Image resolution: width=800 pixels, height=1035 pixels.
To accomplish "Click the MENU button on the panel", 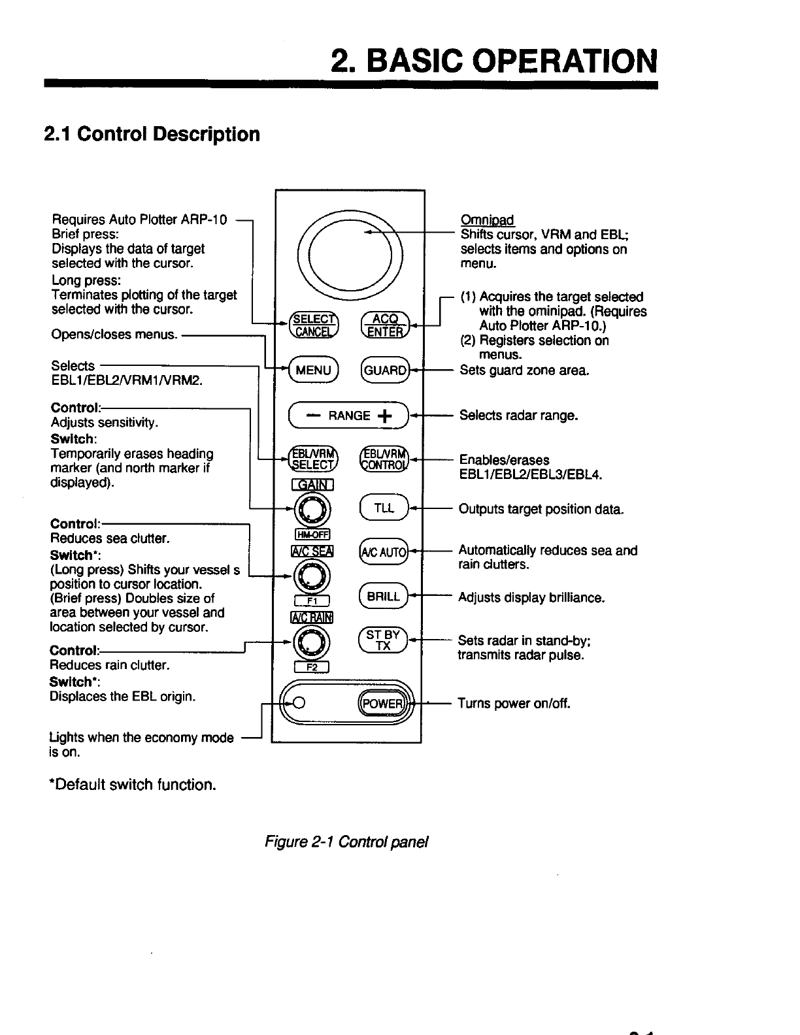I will tap(313, 370).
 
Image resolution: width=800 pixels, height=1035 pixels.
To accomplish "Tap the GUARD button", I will tap(385, 370).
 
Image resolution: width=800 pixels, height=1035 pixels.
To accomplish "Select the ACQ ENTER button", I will tap(384, 325).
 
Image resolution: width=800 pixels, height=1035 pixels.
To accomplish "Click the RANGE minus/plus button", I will tap(349, 416).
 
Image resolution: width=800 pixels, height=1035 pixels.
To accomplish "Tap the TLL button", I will tap(384, 508).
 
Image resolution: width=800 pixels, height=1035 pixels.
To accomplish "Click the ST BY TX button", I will tap(384, 640).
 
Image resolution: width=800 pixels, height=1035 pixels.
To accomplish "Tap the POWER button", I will tap(382, 703).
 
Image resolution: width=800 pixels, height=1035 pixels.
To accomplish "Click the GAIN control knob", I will tap(312, 509).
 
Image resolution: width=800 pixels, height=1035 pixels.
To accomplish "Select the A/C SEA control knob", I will tap(312, 575).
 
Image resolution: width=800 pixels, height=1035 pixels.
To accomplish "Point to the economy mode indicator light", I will tap(299, 703).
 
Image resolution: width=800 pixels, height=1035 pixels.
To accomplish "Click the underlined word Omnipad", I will tap(487, 220).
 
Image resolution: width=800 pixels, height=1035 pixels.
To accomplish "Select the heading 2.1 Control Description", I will tap(152, 134).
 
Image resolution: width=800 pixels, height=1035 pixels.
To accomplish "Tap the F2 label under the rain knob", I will tap(312, 667).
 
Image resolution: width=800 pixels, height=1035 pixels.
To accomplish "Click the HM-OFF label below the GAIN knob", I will tap(312, 534).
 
